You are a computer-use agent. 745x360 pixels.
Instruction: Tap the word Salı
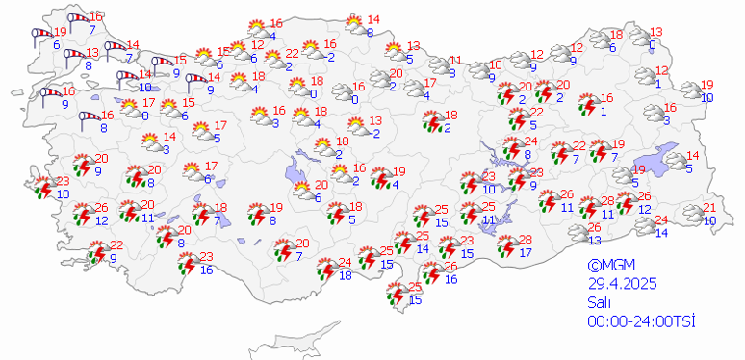pos(600,301)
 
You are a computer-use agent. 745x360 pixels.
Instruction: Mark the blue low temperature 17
pos(526,253)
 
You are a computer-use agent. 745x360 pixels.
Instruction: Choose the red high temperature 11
pos(456,60)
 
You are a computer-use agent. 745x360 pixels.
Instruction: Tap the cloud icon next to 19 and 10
pos(687,91)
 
